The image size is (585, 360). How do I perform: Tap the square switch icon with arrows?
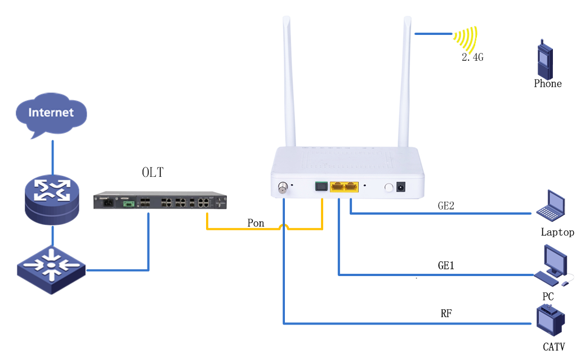coord(51,269)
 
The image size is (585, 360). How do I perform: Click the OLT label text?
coord(153,172)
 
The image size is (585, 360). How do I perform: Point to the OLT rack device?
coord(160,201)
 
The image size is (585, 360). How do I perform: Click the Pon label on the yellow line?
coord(256,223)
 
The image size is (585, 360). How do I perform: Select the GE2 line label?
coord(446,206)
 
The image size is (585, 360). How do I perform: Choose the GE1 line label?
coord(446,265)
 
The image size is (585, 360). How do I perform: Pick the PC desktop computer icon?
coord(552,265)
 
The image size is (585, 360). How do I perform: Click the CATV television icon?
coord(550,322)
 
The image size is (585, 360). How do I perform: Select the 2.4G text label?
coord(472,57)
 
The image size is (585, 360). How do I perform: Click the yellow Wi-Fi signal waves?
coord(466,38)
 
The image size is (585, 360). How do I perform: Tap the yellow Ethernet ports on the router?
coord(344,186)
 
